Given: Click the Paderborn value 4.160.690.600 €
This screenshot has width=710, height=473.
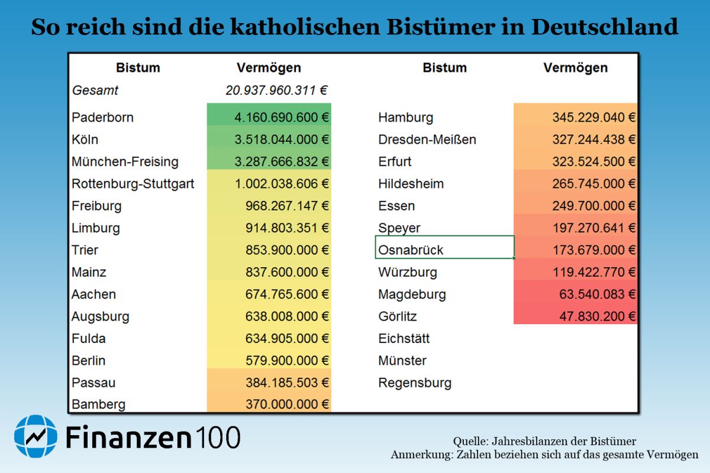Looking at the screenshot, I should (x=282, y=117).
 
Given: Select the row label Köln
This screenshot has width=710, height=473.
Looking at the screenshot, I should (x=85, y=140).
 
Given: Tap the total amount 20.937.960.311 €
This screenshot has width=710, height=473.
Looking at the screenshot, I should (x=277, y=90).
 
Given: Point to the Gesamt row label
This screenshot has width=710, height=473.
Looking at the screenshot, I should (x=95, y=90).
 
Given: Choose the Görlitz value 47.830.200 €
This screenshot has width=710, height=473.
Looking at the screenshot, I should (x=598, y=316).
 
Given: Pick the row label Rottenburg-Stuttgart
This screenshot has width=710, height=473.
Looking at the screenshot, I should (x=133, y=184).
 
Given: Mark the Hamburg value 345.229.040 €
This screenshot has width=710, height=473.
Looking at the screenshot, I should (x=594, y=117).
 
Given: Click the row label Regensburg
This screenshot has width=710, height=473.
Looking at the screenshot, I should (x=415, y=383).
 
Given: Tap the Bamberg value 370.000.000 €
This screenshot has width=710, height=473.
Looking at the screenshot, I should (x=287, y=404).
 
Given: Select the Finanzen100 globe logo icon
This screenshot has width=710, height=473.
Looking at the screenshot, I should (x=35, y=437).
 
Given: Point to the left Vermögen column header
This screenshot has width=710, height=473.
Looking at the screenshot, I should (x=269, y=67).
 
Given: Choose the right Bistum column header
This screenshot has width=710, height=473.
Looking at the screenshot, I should (x=444, y=67).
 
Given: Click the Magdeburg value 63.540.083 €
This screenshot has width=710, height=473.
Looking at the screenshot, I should (x=598, y=294).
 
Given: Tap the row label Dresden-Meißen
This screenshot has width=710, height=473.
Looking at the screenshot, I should (x=427, y=140).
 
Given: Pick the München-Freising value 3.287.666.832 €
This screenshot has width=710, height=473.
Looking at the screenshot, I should (x=282, y=161).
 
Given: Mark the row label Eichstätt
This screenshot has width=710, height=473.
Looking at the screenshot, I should (x=404, y=338).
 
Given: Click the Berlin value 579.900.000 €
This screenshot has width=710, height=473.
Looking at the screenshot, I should (x=287, y=360).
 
